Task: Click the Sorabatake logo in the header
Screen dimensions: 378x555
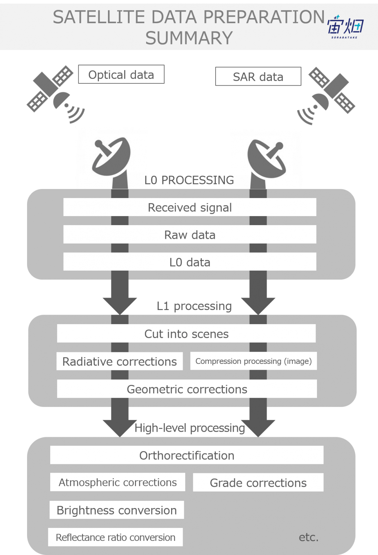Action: pyautogui.click(x=345, y=27)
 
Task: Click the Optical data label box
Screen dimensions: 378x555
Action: pyautogui.click(x=121, y=74)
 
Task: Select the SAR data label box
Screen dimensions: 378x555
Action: pyautogui.click(x=258, y=76)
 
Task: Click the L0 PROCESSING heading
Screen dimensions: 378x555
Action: pyautogui.click(x=189, y=180)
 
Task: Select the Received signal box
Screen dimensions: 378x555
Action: pyautogui.click(x=190, y=207)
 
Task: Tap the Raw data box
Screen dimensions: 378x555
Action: pyautogui.click(x=190, y=235)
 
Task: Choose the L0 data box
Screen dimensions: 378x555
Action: pyautogui.click(x=190, y=262)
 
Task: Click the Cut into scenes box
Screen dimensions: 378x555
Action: pyautogui.click(x=186, y=334)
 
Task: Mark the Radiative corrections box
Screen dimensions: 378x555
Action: pyautogui.click(x=120, y=361)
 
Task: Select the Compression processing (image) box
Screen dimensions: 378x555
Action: pyautogui.click(x=253, y=361)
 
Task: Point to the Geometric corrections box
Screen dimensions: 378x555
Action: pyautogui.click(x=187, y=389)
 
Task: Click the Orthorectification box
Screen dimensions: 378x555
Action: pyautogui.click(x=187, y=455)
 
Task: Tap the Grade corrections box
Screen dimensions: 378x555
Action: pyautogui.click(x=258, y=482)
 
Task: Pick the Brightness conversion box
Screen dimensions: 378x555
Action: pyautogui.click(x=117, y=510)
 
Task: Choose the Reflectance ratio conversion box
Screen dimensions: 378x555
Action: pyautogui.click(x=116, y=537)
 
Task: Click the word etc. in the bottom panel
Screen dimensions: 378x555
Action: pyautogui.click(x=309, y=537)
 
